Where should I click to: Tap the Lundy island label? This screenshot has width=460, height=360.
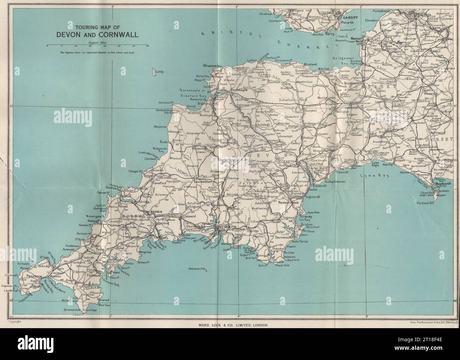pos(160,72)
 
